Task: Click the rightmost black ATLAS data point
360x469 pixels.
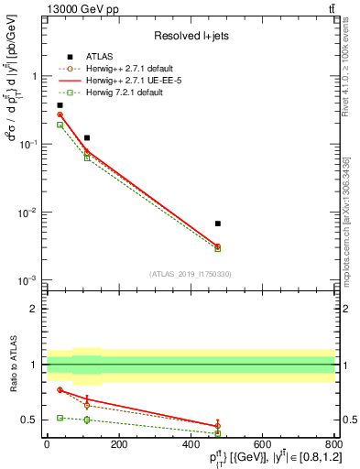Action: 217,224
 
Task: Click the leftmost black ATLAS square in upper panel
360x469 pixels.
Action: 60,105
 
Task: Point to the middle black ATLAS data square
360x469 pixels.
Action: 87,137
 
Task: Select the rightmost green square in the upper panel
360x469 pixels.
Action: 217,248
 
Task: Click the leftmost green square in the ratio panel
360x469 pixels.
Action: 60,418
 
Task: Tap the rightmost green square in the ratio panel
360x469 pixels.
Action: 217,433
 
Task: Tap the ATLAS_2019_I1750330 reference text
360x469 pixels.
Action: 191,274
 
